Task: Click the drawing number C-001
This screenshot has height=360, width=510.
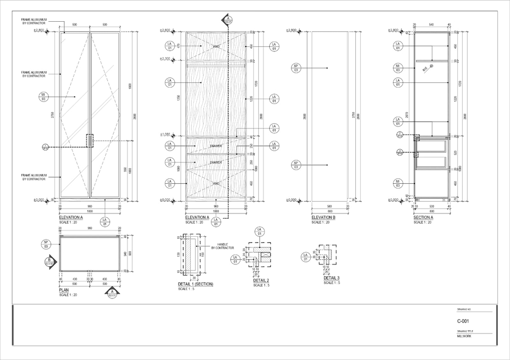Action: [463, 321]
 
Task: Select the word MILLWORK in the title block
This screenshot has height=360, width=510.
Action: [464, 336]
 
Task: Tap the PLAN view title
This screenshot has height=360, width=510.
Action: [64, 290]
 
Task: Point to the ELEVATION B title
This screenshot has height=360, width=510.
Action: [323, 218]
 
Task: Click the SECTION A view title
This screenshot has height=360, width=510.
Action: [423, 218]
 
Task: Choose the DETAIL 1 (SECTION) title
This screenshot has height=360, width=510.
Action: [195, 284]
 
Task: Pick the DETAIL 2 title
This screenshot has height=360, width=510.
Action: [261, 280]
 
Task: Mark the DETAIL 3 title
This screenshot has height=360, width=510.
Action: [331, 278]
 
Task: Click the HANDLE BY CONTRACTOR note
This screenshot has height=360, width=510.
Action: [223, 246]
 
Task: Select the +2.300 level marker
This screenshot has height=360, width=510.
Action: [165, 58]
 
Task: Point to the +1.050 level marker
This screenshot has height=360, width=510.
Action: [165, 134]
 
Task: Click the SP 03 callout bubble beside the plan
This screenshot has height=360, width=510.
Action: [46, 244]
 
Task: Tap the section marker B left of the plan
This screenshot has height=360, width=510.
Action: [49, 261]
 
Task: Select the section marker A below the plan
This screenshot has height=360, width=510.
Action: [113, 293]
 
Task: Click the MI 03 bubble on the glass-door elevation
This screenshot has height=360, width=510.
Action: [43, 96]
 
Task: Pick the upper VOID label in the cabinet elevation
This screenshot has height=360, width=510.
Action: [216, 47]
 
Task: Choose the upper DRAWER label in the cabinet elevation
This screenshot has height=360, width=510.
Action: [216, 146]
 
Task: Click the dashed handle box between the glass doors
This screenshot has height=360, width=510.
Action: [89, 140]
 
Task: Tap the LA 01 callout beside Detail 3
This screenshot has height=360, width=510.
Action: [305, 257]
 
